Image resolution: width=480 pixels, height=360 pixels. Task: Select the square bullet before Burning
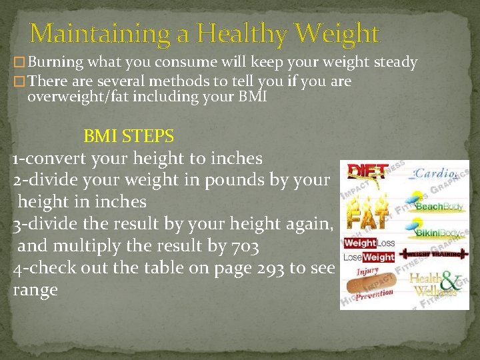(x=20, y=63)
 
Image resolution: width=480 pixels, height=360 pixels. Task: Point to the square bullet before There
(x=20, y=82)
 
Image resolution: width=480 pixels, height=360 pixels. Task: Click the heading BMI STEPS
(x=129, y=137)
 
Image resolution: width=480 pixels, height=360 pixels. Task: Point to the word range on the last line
(x=35, y=290)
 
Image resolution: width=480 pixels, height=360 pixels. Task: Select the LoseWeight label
(x=369, y=257)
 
